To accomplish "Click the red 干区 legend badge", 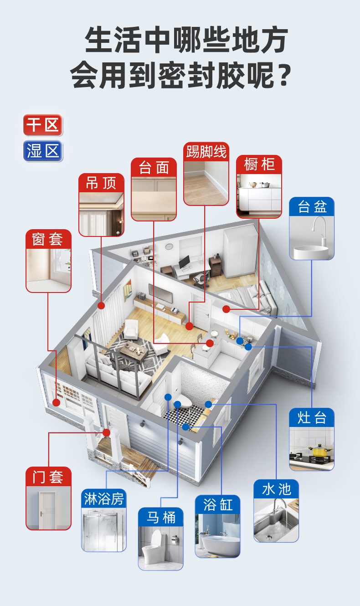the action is point(43,125).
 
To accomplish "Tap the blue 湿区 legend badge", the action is point(43,151).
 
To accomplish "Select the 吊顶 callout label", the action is point(101,183).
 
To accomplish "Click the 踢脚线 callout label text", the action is point(206,151).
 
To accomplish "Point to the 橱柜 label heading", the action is point(259,164).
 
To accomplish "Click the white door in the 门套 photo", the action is point(47,510).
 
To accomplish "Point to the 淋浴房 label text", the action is point(104,499).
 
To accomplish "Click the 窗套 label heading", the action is point(48,239).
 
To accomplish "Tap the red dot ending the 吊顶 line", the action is point(101,306).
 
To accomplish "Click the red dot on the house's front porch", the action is point(107,432).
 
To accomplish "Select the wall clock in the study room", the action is point(169,247).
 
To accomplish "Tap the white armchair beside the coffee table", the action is point(131,329).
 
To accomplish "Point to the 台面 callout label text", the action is point(154,168).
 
